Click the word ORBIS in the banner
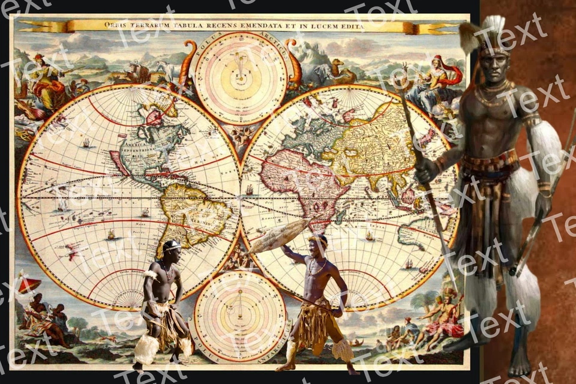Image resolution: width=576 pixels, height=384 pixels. (117, 25)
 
